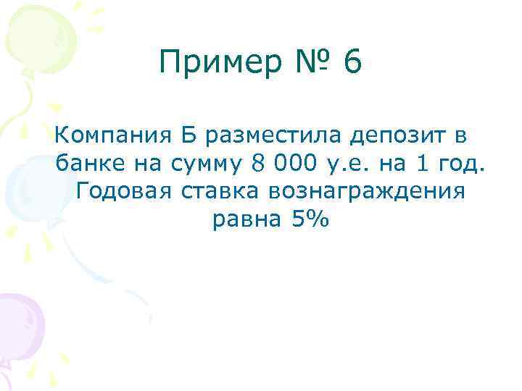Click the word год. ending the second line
point(457,165)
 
